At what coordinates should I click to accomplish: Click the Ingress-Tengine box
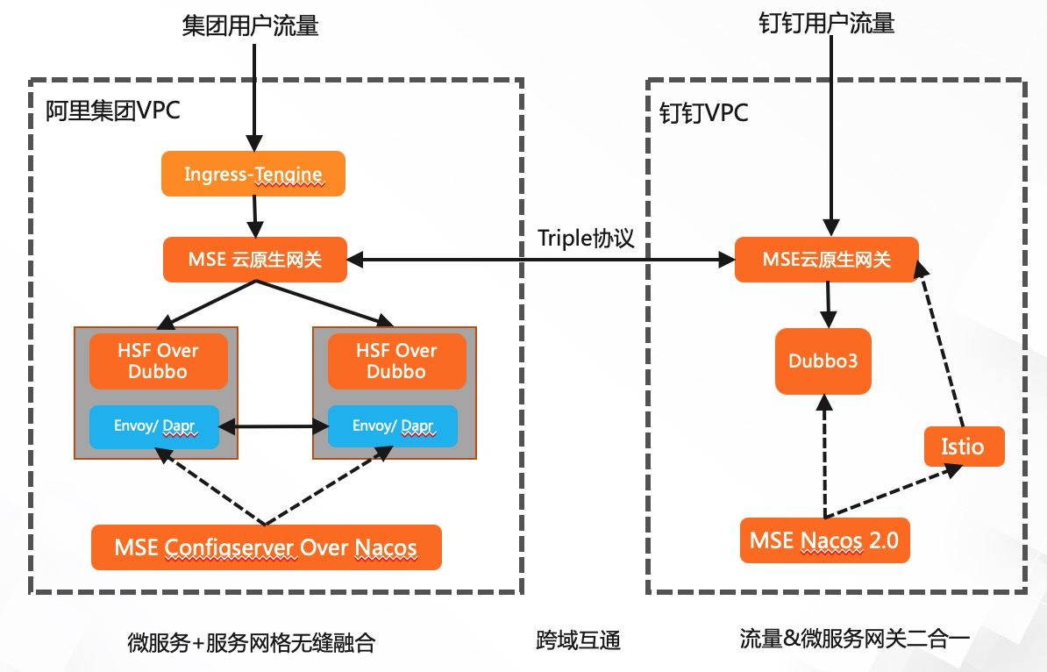(x=253, y=174)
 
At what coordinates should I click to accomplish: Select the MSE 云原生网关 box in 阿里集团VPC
(x=255, y=260)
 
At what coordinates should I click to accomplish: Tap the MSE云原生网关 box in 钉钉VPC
(x=827, y=260)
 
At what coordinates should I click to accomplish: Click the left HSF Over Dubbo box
(x=158, y=361)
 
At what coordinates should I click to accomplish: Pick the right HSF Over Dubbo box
(x=396, y=361)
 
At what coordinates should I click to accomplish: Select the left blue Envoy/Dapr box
(x=154, y=427)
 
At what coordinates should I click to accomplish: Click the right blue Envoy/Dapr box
(x=393, y=427)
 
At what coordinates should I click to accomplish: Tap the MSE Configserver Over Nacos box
(x=266, y=548)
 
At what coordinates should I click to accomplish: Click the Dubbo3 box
(x=823, y=361)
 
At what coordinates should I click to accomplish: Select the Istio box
(x=963, y=447)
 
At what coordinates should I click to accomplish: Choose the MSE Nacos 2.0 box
(x=824, y=540)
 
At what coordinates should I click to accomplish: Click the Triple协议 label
(x=586, y=239)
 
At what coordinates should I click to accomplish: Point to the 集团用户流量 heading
(x=250, y=25)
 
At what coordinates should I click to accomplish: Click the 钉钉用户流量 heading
(x=826, y=23)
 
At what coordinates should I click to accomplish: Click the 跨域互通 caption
(x=578, y=640)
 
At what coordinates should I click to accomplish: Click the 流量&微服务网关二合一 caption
(x=854, y=639)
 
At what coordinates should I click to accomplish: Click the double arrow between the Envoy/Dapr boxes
(x=274, y=427)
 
